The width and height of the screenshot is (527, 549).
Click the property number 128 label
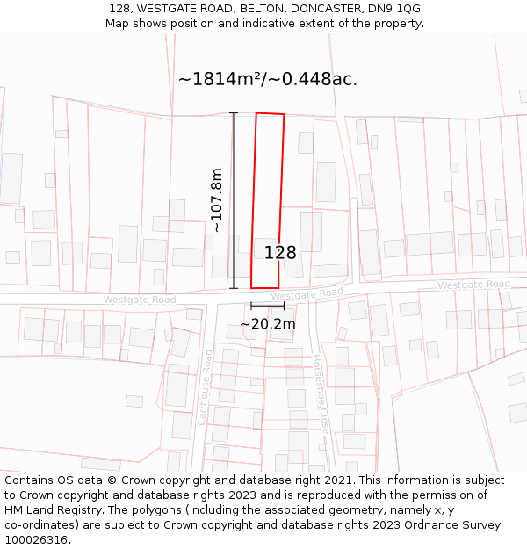[x=280, y=253]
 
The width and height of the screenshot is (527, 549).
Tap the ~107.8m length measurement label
[x=216, y=200]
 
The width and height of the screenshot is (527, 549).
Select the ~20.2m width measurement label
[x=268, y=324]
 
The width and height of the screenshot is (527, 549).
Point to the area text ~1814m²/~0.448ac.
[x=268, y=79]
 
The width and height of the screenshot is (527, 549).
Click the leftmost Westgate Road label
[x=140, y=300]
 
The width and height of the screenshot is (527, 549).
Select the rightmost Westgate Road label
[x=473, y=285]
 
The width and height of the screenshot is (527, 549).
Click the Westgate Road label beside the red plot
[x=307, y=293]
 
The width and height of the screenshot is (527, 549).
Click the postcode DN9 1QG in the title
[x=397, y=8]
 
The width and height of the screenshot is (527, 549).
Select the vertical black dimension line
[x=234, y=200]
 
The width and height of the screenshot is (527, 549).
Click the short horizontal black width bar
[x=267, y=306]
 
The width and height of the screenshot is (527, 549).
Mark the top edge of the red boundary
[x=271, y=113]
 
